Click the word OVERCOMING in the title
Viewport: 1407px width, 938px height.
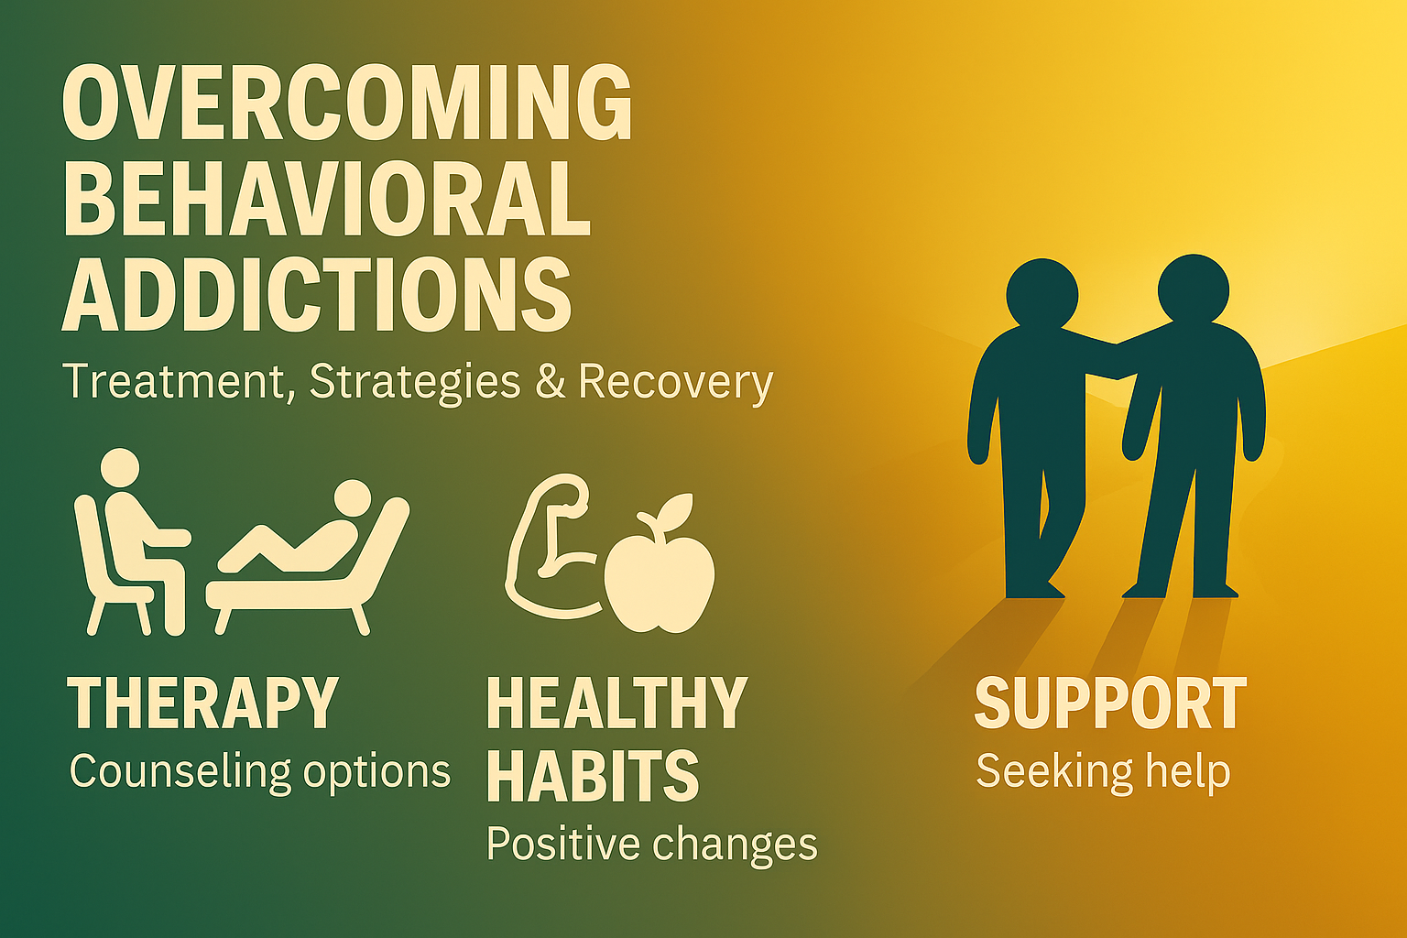click(347, 102)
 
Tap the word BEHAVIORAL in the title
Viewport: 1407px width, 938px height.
click(327, 198)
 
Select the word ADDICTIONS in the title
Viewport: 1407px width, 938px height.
click(317, 293)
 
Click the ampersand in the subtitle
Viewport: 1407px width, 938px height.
click(551, 381)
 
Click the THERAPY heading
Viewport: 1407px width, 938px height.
click(202, 703)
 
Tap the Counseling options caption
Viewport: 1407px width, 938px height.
click(260, 772)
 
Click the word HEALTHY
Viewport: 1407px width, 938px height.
click(617, 703)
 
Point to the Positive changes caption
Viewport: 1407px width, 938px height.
click(652, 845)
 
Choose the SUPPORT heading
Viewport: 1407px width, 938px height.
click(1110, 703)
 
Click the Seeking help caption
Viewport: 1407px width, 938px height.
click(1103, 772)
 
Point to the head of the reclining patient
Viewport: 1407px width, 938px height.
click(353, 499)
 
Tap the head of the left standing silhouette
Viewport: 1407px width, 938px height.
click(1042, 294)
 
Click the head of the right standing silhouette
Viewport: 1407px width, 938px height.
click(1194, 289)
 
